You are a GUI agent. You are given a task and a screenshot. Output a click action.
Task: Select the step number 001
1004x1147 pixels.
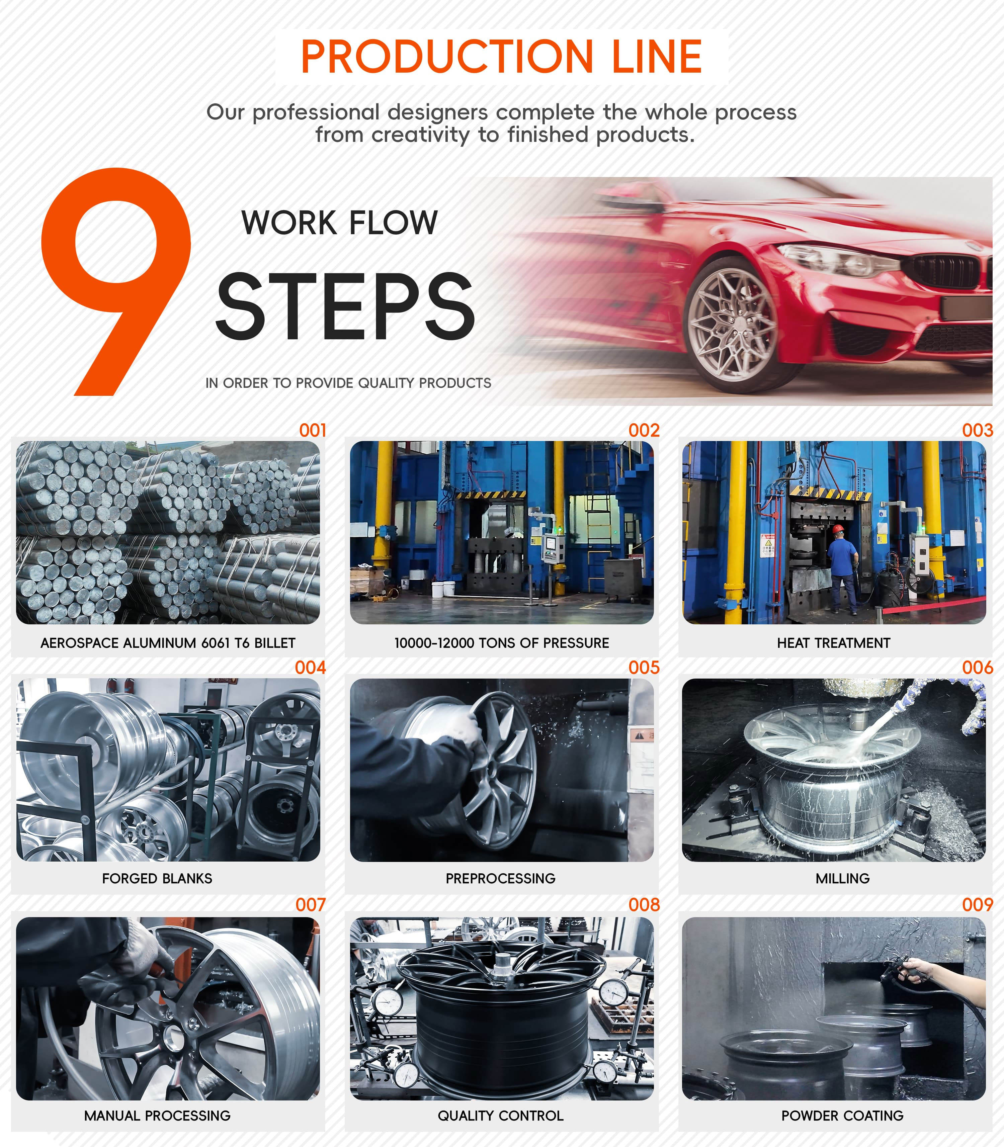[x=313, y=430]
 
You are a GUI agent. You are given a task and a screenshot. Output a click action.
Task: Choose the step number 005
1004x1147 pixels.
[x=644, y=668]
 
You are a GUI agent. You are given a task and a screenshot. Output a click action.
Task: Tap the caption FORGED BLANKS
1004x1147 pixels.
[x=157, y=878]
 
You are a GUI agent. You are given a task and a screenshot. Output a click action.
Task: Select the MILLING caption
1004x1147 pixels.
[x=843, y=878]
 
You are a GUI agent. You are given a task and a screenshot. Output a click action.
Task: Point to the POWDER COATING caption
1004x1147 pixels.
[x=843, y=1116]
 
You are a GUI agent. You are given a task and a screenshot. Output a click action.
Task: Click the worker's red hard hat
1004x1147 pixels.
[x=838, y=529]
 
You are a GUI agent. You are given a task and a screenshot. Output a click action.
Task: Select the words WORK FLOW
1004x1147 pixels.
[x=340, y=223]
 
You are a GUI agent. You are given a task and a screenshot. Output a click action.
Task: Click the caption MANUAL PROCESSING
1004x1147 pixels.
[x=157, y=1116]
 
